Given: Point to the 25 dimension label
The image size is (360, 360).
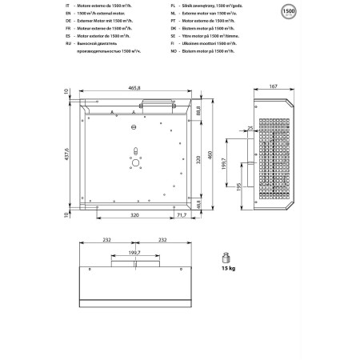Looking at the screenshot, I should click(x=249, y=128).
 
